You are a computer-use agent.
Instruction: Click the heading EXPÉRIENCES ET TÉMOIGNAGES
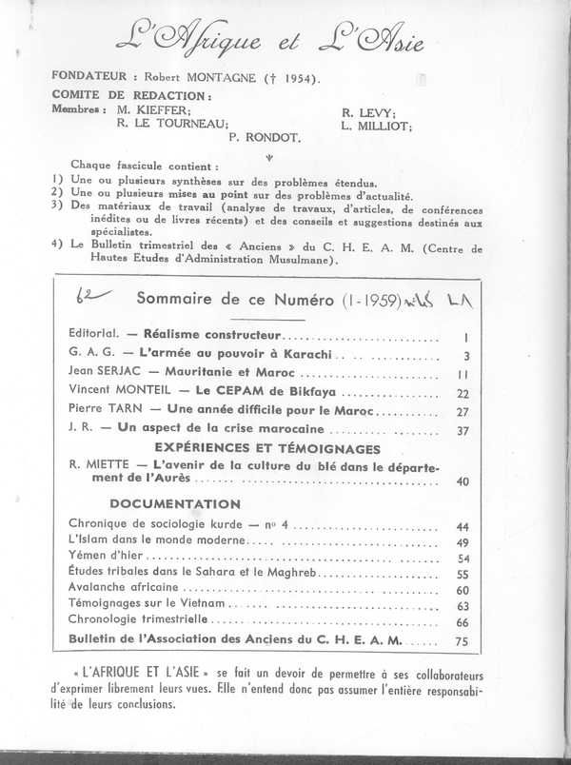[245, 448]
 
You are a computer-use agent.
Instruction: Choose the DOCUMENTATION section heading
[175, 503]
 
